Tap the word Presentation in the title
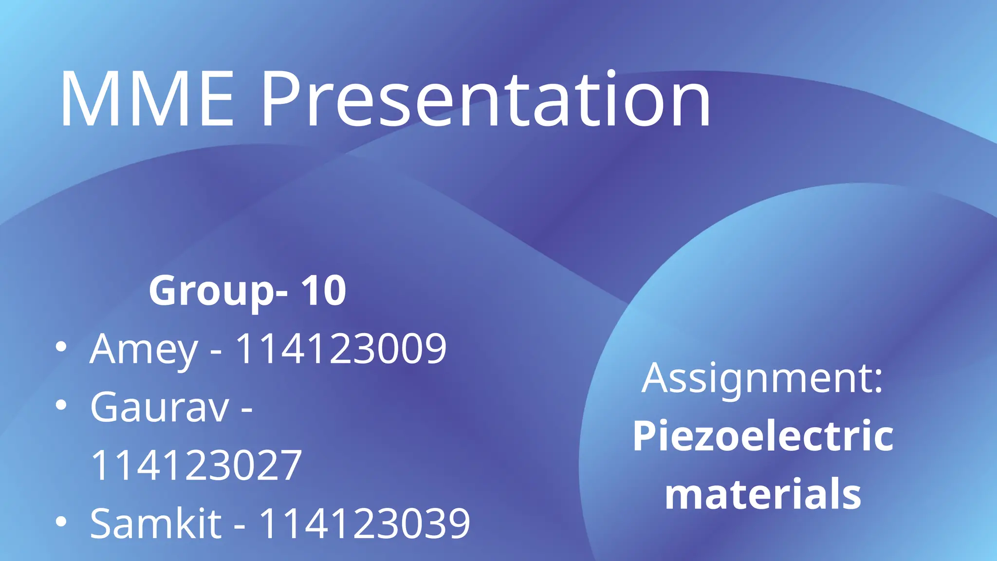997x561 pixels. click(485, 99)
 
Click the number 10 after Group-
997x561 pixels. click(323, 291)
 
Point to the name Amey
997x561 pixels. click(144, 349)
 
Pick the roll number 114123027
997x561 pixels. click(196, 466)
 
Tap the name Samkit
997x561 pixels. click(156, 524)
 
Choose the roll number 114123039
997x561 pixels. click(365, 524)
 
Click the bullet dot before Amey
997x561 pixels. click(61, 347)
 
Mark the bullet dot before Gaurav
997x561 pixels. click(61, 405)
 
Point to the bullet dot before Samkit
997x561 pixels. click(61, 522)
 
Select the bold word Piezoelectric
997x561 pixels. click(763, 436)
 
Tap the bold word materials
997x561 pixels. click(763, 494)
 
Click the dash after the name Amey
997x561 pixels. click(216, 352)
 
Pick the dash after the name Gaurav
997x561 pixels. click(247, 410)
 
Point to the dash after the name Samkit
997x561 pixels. click(240, 526)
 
